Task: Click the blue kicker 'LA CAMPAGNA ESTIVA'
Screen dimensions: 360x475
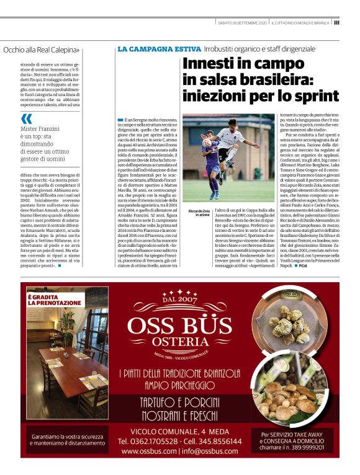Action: coord(159,48)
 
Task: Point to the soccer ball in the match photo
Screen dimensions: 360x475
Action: coord(207,142)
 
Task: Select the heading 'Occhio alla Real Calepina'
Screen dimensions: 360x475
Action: coord(41,50)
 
